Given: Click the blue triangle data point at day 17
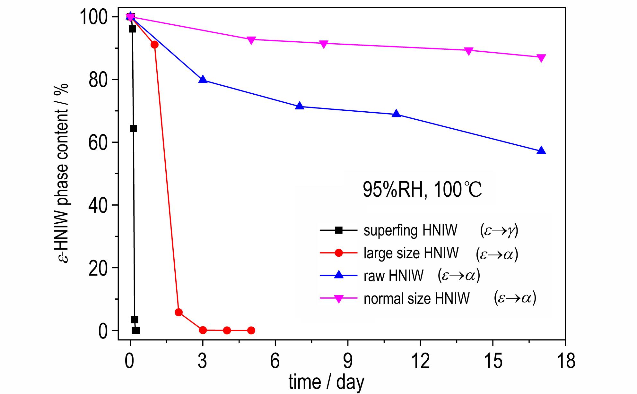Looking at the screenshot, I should (541, 150).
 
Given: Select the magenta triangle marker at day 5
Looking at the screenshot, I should (251, 40).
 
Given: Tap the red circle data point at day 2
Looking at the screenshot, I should (179, 312).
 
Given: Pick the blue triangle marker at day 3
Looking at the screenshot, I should (203, 79).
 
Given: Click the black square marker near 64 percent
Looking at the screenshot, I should (133, 128).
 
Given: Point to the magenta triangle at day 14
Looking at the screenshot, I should (469, 51).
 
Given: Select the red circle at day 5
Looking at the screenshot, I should (251, 330).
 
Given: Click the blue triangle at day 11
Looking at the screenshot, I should (397, 114).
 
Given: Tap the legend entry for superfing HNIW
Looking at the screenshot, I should (410, 230).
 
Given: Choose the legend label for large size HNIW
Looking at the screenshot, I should (411, 253).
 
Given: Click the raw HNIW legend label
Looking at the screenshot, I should (393, 276).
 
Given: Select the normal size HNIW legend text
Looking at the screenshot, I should (416, 298).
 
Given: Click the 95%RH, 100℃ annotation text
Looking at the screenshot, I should (422, 190).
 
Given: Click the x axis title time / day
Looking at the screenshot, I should (326, 382).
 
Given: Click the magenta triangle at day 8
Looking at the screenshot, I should (324, 44).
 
